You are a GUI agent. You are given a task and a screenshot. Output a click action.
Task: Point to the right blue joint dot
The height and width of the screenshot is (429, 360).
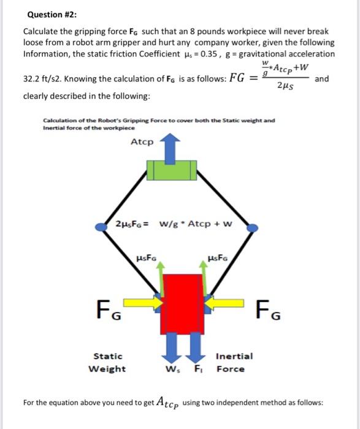251,228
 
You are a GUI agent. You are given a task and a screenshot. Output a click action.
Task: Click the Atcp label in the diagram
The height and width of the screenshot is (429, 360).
142,142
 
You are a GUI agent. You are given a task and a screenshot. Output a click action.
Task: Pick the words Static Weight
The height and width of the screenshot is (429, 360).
108,362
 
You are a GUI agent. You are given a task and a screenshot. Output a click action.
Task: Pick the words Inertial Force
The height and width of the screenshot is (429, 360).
234,362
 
